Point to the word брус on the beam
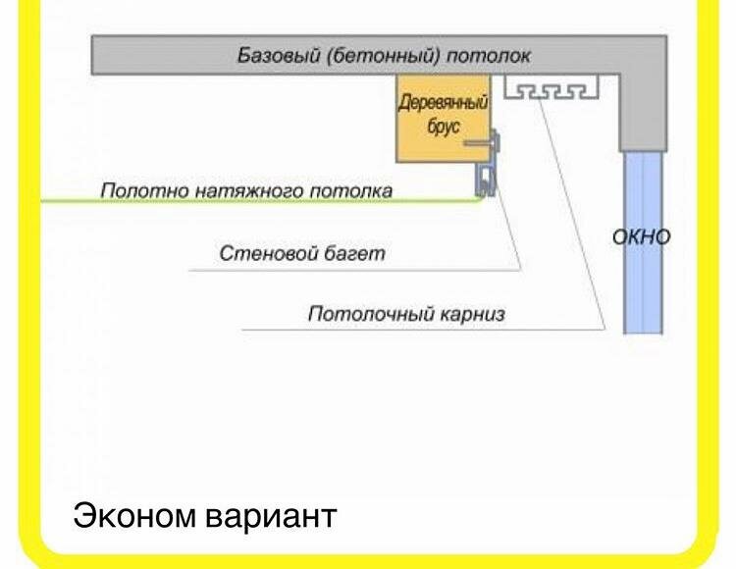444,129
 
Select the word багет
354,254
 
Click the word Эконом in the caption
133,516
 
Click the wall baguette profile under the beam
486,181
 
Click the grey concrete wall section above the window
642,113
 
